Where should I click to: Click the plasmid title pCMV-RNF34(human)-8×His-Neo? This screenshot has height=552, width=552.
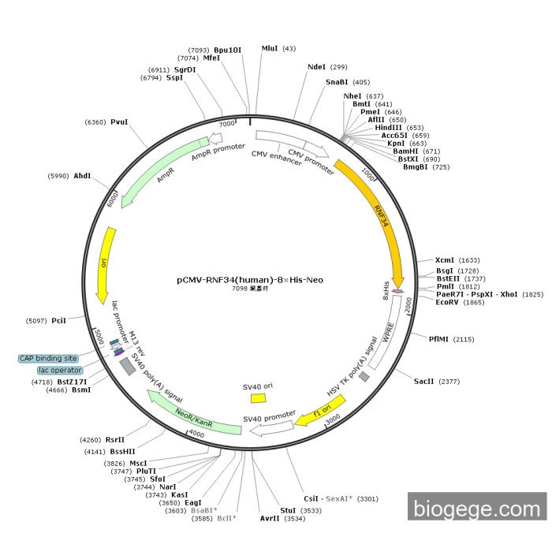(x=249, y=279)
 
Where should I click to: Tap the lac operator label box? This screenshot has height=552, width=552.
(x=60, y=370)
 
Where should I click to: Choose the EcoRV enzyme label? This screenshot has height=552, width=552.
(x=448, y=302)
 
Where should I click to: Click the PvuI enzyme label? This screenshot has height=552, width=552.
(x=119, y=122)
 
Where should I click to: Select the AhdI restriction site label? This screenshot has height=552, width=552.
(x=83, y=176)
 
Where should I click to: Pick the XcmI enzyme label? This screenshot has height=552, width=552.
(x=445, y=260)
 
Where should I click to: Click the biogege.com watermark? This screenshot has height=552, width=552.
(x=476, y=508)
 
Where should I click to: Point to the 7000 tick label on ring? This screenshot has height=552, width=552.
(x=227, y=125)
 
